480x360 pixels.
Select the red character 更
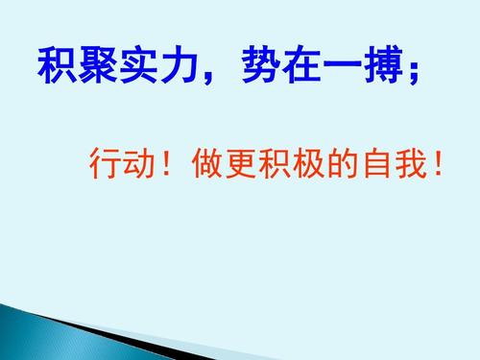point(239,163)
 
